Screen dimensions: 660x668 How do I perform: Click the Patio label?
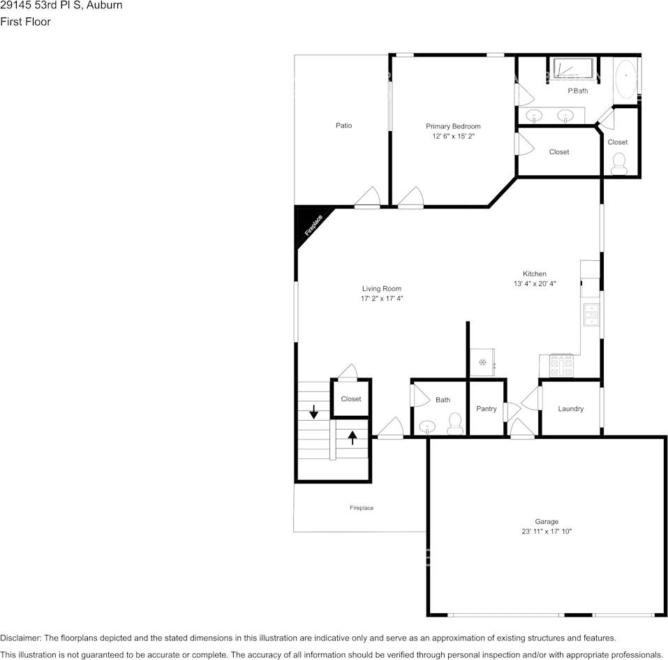point(343,126)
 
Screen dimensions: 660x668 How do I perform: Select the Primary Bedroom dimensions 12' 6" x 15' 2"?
point(453,137)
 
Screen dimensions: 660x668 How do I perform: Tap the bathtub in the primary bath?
point(625,77)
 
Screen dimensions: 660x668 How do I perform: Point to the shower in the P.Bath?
point(572,69)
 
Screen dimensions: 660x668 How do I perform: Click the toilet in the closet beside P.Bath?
point(618,163)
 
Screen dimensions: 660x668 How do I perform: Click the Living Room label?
point(381,289)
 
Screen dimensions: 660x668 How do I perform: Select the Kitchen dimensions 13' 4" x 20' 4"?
point(535,284)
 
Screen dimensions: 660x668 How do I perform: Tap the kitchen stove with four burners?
point(562,366)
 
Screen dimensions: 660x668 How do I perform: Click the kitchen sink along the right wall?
point(591,315)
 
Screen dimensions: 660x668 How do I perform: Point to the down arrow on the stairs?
point(314,411)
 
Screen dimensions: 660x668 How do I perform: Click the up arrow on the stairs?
point(353,437)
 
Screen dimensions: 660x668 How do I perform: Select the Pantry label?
point(486,409)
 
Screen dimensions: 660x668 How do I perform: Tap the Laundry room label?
point(570,409)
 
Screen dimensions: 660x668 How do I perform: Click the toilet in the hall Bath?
point(455,422)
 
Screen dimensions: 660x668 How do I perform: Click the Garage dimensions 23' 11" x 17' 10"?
point(547,531)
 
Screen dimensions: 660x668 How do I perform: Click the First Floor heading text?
point(26,22)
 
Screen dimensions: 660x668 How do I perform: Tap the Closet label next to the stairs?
point(351,399)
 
